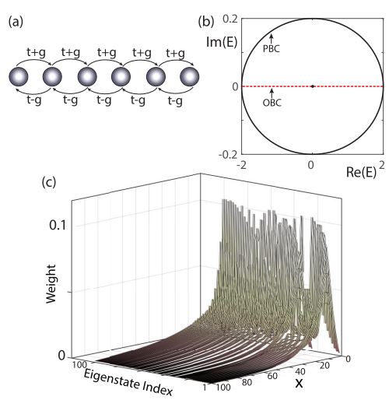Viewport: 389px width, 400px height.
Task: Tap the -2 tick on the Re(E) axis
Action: pyautogui.click(x=243, y=167)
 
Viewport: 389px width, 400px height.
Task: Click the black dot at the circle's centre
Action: pyautogui.click(x=311, y=86)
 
